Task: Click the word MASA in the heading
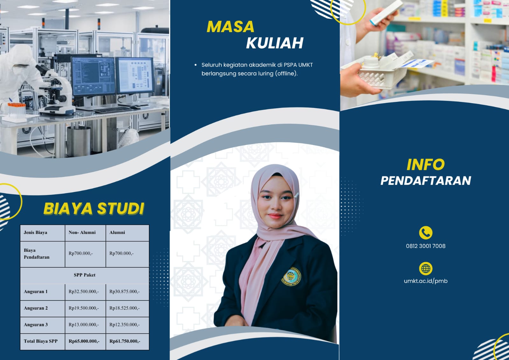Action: tap(230, 27)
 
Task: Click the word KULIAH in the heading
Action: tap(275, 43)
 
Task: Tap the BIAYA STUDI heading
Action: tap(94, 208)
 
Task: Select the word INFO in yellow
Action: tap(425, 165)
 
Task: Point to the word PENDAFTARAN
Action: tap(426, 181)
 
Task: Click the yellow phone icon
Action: tap(426, 233)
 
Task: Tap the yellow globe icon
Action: tap(426, 268)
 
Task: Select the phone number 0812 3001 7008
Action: tap(426, 246)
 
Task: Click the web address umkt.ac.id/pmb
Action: tap(426, 281)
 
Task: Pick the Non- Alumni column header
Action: tap(82, 232)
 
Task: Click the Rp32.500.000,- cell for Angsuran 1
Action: tap(84, 292)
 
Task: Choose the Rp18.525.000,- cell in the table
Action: tap(124, 308)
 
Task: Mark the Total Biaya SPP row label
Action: tap(41, 341)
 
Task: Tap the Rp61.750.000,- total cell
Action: tap(125, 341)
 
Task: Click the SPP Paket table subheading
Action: tap(85, 275)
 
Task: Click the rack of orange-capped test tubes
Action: tap(16, 111)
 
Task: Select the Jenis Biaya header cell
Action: tap(35, 232)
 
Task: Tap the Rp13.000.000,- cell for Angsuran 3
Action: tap(84, 325)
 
